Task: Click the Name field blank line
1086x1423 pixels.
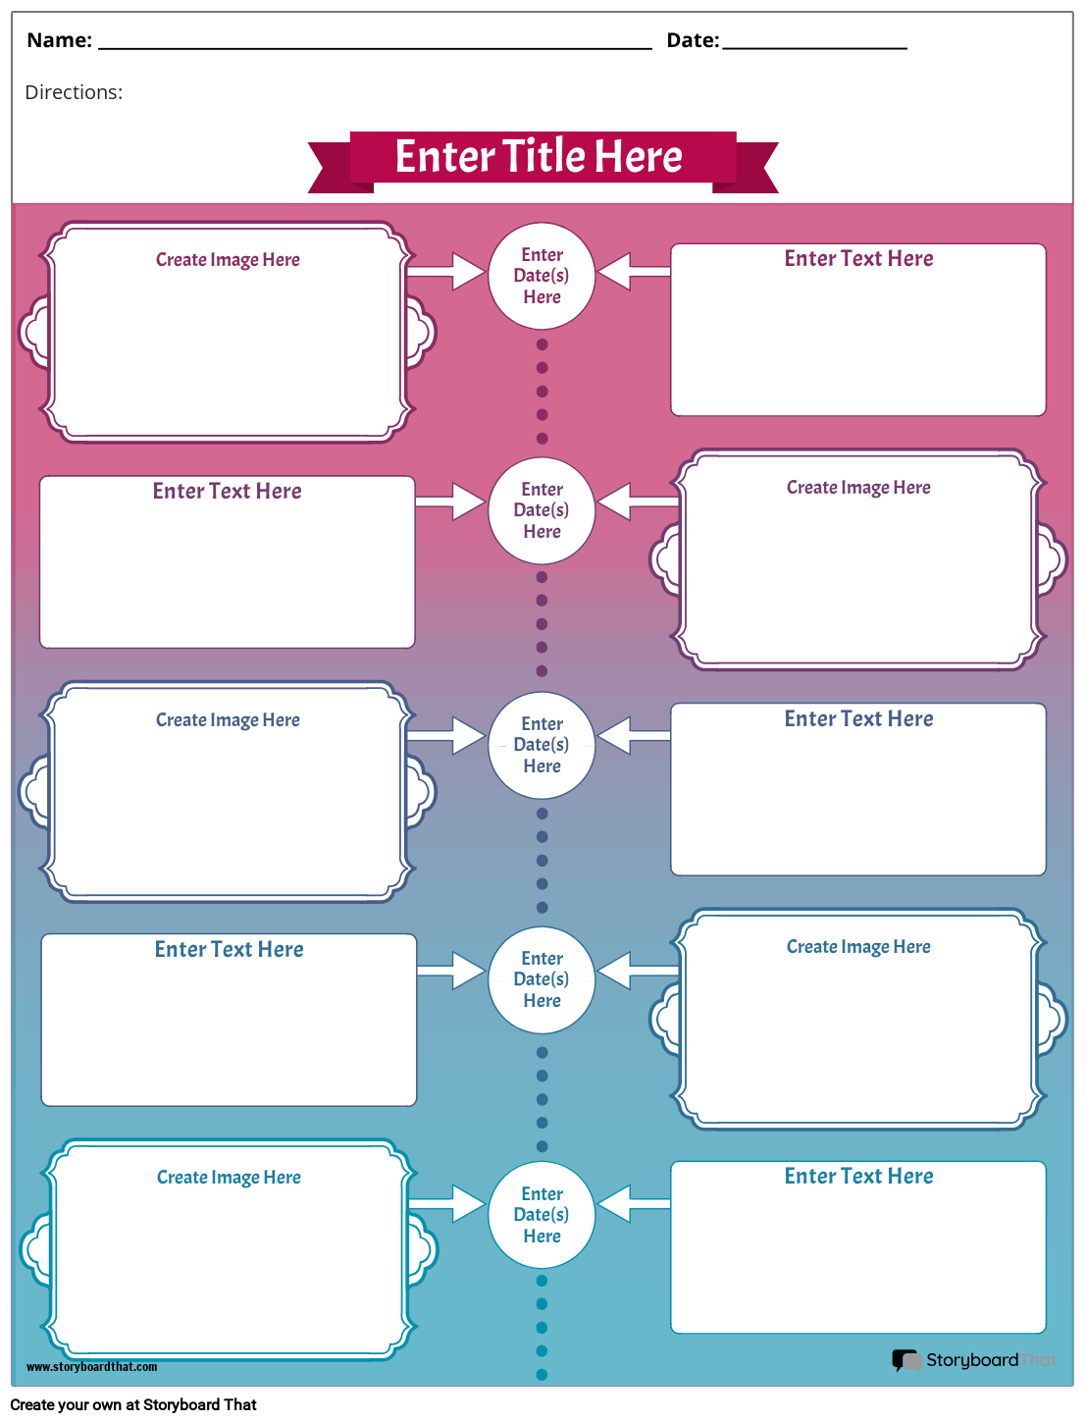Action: [375, 46]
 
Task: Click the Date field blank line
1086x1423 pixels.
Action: [814, 46]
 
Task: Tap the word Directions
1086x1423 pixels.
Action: [74, 92]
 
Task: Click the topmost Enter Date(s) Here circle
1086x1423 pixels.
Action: [542, 276]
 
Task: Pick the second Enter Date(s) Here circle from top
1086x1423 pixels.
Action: [542, 510]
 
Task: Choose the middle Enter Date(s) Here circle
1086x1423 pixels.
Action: [542, 745]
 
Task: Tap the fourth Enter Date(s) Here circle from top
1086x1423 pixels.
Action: [542, 979]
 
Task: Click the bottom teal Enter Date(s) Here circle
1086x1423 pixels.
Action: [542, 1215]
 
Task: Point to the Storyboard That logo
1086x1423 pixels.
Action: [974, 1360]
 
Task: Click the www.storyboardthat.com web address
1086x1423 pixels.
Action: [91, 1367]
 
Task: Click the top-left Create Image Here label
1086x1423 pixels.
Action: [228, 260]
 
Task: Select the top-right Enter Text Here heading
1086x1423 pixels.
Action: [858, 259]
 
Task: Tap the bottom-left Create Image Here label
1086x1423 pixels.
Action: [229, 1178]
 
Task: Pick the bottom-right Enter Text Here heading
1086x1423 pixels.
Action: [858, 1177]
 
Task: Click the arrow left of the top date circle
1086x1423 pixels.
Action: [448, 271]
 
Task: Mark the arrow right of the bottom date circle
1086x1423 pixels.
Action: [633, 1203]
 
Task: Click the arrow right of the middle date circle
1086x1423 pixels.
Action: [633, 734]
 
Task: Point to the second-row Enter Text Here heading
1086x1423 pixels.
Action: [227, 492]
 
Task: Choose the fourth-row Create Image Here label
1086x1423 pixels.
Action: [858, 947]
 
